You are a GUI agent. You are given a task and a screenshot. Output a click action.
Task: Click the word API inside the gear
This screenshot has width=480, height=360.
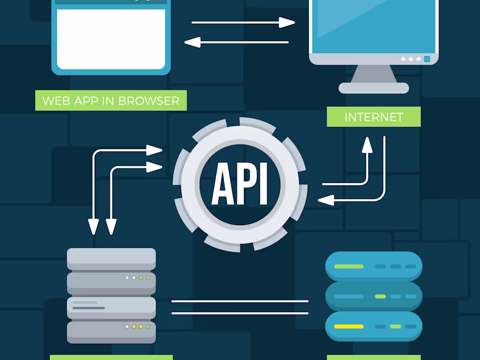pyautogui.click(x=240, y=184)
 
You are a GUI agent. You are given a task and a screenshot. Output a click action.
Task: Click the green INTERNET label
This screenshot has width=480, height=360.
pyautogui.click(x=374, y=117)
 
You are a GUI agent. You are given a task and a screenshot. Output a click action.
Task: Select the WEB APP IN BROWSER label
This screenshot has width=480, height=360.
pyautogui.click(x=111, y=100)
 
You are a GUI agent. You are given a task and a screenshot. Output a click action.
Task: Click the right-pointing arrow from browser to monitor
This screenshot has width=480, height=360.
pyautogui.click(x=287, y=22)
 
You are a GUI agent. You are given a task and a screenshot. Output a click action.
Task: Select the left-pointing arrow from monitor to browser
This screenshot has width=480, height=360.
pyautogui.click(x=192, y=42)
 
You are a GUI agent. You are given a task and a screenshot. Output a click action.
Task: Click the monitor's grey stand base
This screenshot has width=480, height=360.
pyautogui.click(x=374, y=88)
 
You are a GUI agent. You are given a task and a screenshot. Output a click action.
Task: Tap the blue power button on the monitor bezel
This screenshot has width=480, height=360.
pyautogui.click(x=427, y=59)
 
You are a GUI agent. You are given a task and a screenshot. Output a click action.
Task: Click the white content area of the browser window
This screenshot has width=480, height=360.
pyautogui.click(x=111, y=39)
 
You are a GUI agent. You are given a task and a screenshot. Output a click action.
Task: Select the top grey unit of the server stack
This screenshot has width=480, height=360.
pyautogui.click(x=111, y=258)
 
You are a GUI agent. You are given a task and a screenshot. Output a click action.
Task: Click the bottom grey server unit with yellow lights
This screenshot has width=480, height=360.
pyautogui.click(x=111, y=332)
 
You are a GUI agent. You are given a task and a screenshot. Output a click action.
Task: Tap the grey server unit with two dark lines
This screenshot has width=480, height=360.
pyautogui.click(x=111, y=307)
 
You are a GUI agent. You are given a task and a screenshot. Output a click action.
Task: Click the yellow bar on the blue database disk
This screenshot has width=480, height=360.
pyautogui.click(x=349, y=326)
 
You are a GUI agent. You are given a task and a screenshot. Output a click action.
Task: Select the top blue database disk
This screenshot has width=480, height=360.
pyautogui.click(x=374, y=266)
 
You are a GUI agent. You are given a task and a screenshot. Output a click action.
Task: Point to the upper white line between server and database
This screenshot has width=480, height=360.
pyautogui.click(x=240, y=301)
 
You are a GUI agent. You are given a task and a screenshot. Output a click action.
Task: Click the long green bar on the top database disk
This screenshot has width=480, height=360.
pyautogui.click(x=349, y=266)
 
